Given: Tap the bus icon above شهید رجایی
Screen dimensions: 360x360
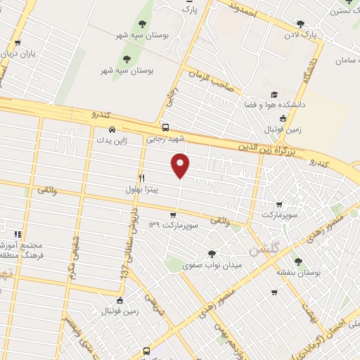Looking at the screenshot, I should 165,128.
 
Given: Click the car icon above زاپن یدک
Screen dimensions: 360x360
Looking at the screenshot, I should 113,129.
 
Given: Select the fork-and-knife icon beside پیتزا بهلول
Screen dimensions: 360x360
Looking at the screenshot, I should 141,178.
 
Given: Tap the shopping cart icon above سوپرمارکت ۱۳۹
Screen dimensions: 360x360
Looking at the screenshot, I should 172,215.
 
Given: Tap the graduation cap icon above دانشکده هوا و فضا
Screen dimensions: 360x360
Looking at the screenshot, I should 271,94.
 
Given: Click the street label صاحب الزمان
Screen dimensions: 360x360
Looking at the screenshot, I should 210,79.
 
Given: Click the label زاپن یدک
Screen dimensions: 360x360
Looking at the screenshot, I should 112,141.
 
